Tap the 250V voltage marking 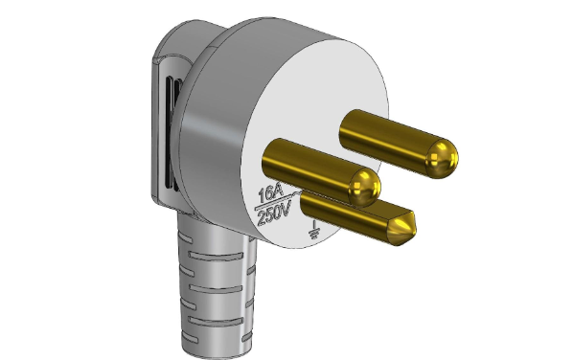tap(275, 214)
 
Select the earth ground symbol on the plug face tap(314, 229)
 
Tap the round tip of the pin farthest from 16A tap(442, 159)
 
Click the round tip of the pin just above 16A tap(365, 187)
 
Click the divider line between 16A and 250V tap(277, 201)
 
